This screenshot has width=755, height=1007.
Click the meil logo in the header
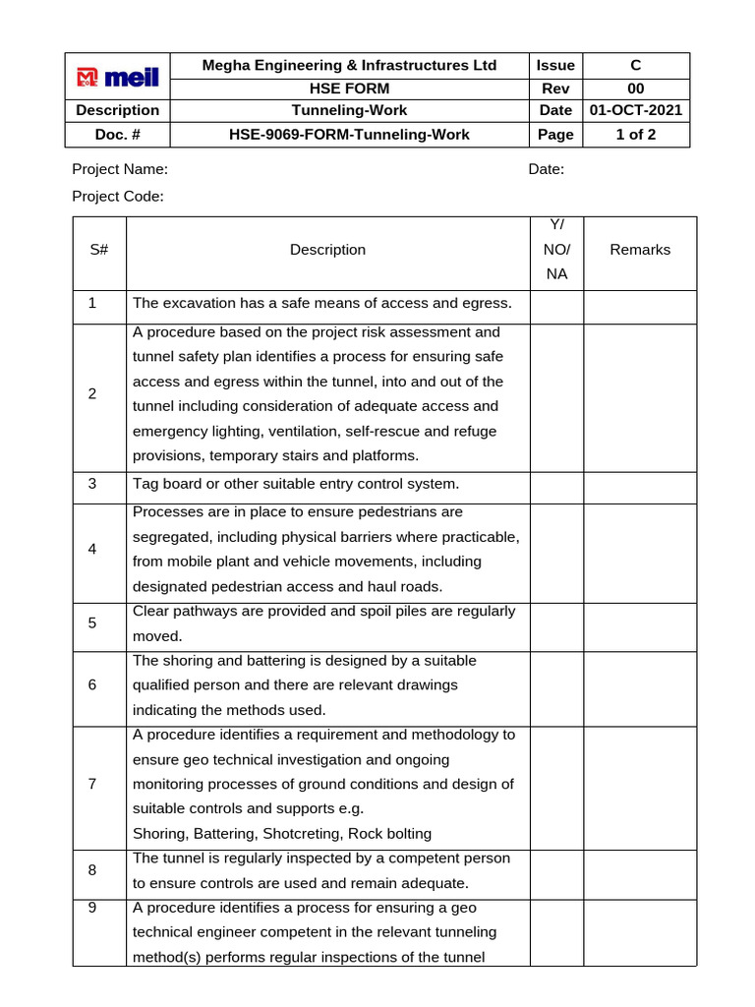(x=118, y=77)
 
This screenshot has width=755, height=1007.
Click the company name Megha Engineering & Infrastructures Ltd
(x=349, y=66)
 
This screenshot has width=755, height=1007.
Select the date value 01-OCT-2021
(x=635, y=110)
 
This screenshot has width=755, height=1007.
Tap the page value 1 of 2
(x=635, y=135)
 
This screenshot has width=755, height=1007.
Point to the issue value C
(x=635, y=66)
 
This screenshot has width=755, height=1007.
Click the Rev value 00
(x=635, y=89)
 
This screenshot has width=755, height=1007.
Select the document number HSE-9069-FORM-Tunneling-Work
(x=349, y=135)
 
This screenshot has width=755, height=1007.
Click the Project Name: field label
(x=120, y=169)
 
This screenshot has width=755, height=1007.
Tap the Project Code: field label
(x=118, y=196)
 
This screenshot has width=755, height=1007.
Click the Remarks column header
(x=640, y=250)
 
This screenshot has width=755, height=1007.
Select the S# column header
(x=98, y=250)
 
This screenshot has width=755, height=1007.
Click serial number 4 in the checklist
(x=92, y=549)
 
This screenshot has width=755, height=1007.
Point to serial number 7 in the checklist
(x=92, y=784)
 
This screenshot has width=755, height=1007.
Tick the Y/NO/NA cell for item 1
(x=556, y=307)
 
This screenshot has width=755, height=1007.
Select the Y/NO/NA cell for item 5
(x=556, y=624)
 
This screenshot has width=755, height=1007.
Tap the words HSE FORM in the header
(x=349, y=89)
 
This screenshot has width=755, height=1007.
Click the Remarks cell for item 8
(x=640, y=870)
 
